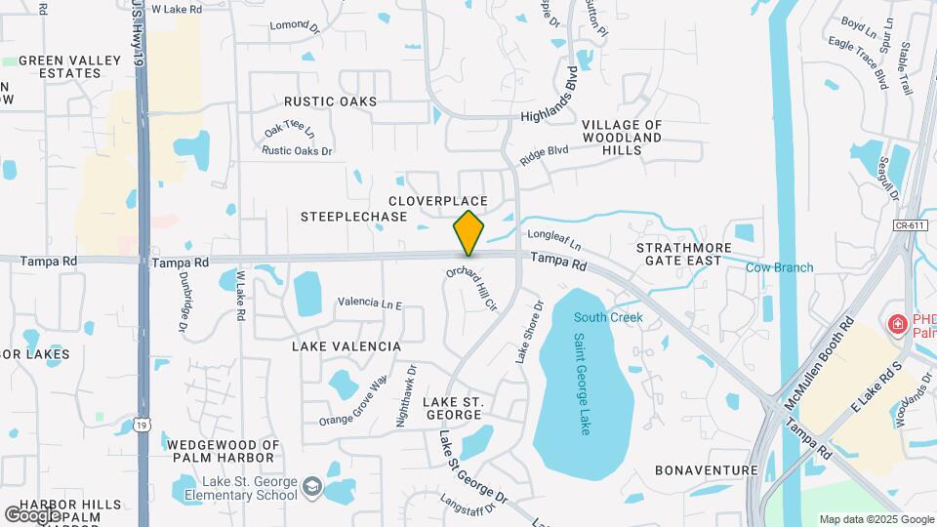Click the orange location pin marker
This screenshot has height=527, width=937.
[468, 232]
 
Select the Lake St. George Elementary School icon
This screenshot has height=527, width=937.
[311, 487]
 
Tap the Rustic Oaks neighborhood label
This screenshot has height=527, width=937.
[330, 101]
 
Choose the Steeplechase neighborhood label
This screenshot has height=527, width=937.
[353, 217]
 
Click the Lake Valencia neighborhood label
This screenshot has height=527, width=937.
[346, 346]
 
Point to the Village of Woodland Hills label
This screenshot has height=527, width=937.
[622, 138]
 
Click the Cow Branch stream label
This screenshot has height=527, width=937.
[779, 268]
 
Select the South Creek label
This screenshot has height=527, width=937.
[608, 317]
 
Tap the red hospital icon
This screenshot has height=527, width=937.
[894, 324]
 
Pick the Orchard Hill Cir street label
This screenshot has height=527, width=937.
[472, 288]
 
